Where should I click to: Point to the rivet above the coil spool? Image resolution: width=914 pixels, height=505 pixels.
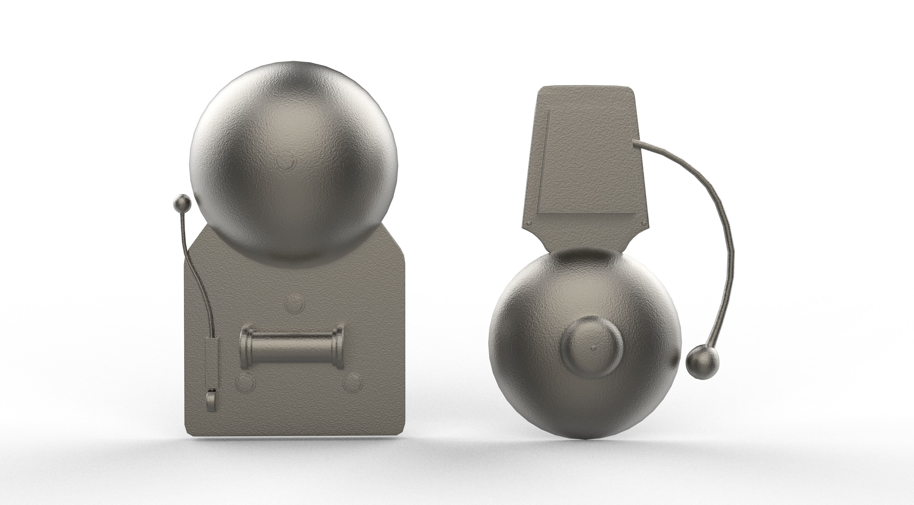pyautogui.click(x=294, y=303)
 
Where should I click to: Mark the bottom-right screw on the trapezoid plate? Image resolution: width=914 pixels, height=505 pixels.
pyautogui.click(x=644, y=223)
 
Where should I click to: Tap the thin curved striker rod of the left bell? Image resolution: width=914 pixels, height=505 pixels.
pyautogui.click(x=199, y=280)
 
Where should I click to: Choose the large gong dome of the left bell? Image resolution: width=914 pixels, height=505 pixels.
pyautogui.click(x=294, y=163)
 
